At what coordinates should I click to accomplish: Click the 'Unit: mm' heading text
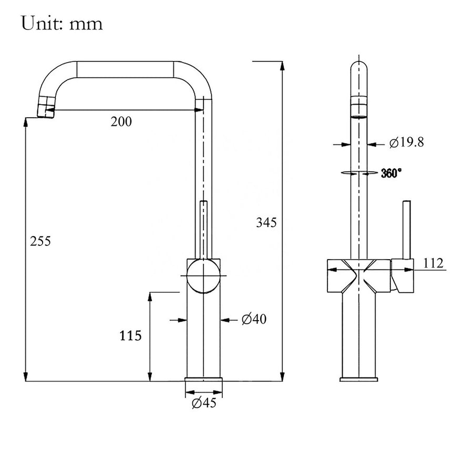(x=62, y=23)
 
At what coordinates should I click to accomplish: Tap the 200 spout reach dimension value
(x=121, y=121)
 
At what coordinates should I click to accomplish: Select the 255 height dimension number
(x=40, y=241)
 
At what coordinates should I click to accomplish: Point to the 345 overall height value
(x=266, y=222)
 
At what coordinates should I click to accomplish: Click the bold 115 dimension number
(x=130, y=335)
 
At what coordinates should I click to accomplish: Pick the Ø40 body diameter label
(x=254, y=319)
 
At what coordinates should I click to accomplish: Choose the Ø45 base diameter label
(x=204, y=403)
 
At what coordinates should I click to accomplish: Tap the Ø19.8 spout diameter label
(x=406, y=142)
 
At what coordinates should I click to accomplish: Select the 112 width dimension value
(x=433, y=263)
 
